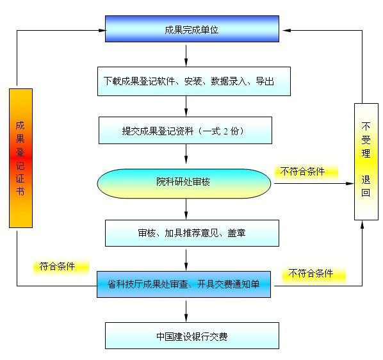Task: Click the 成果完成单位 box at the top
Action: [x=191, y=29]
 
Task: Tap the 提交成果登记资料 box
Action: [x=185, y=131]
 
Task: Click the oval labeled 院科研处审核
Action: [x=184, y=183]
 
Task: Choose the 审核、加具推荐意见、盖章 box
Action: [x=191, y=233]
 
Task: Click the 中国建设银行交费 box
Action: [x=191, y=336]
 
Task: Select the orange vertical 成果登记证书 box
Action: [x=20, y=158]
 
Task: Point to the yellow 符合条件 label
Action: [x=57, y=266]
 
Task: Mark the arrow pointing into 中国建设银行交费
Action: [x=186, y=310]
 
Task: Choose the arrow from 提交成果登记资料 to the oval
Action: [x=186, y=156]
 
